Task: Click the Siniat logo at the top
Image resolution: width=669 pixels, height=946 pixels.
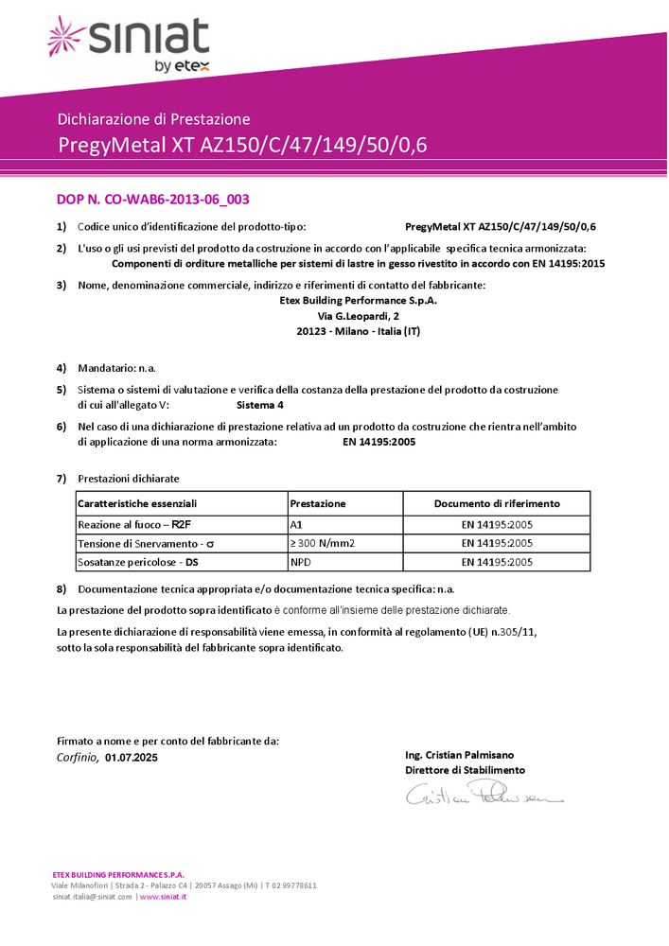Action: (x=129, y=44)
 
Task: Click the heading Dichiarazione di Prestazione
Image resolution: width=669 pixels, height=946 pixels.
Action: (x=153, y=119)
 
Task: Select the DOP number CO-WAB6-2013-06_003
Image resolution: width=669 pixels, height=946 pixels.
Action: (x=152, y=200)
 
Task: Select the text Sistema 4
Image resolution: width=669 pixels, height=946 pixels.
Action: (x=259, y=404)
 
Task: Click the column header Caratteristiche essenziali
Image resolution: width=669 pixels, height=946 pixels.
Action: (x=137, y=504)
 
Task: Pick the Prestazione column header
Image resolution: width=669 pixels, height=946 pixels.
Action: (x=318, y=504)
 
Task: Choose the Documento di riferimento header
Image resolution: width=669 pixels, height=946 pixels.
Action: (x=497, y=504)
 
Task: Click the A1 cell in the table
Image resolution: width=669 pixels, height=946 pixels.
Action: (x=296, y=524)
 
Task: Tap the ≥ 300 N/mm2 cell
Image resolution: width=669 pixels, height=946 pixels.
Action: (x=322, y=543)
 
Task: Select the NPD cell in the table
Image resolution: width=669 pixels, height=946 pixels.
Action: (x=301, y=562)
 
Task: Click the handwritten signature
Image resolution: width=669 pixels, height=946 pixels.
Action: (x=484, y=797)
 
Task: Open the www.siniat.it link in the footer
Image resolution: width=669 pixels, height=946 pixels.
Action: (x=163, y=896)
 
